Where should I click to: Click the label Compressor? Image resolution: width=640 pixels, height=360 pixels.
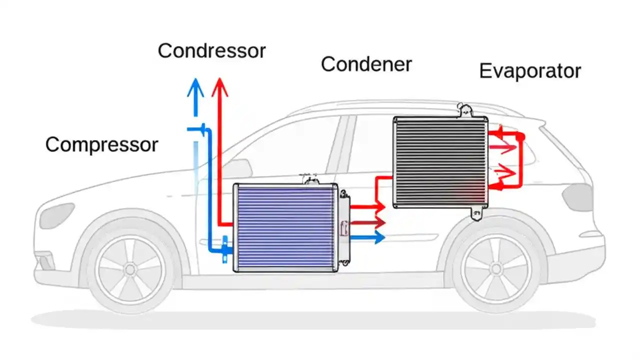point(101,145)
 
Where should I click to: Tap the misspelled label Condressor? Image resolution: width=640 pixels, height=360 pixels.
point(211,51)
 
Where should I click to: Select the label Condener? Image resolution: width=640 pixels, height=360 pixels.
point(366,64)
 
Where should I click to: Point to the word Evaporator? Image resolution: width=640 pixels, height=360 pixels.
point(530,71)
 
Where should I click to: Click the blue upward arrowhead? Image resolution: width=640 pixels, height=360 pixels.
point(195,89)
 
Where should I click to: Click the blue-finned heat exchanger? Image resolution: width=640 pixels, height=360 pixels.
point(285,228)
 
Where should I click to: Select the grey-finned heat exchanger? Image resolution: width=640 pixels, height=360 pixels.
point(440,162)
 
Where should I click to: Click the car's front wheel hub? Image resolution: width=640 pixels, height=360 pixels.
point(130,269)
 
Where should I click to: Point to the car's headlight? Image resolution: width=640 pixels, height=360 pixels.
point(56,215)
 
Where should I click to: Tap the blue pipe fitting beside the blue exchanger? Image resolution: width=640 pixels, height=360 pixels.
point(225,247)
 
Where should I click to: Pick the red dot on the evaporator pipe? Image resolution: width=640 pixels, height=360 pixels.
point(520,136)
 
